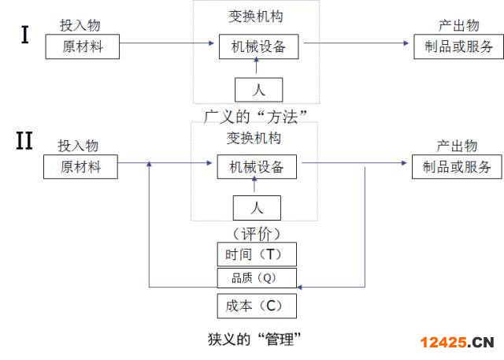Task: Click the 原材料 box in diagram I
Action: [x=93, y=46]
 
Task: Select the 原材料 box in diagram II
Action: [x=91, y=167]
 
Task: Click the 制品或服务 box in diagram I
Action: [x=458, y=46]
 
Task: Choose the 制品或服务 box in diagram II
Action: [x=457, y=167]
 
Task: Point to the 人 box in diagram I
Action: [x=258, y=88]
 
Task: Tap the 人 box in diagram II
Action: [x=257, y=208]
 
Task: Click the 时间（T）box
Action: [x=258, y=254]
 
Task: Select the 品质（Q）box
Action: [x=258, y=277]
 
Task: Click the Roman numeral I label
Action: [x=24, y=35]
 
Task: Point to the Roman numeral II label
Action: [x=24, y=142]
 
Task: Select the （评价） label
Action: [x=257, y=233]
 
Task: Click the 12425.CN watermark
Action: [x=457, y=343]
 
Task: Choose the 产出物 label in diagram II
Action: [x=457, y=146]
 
